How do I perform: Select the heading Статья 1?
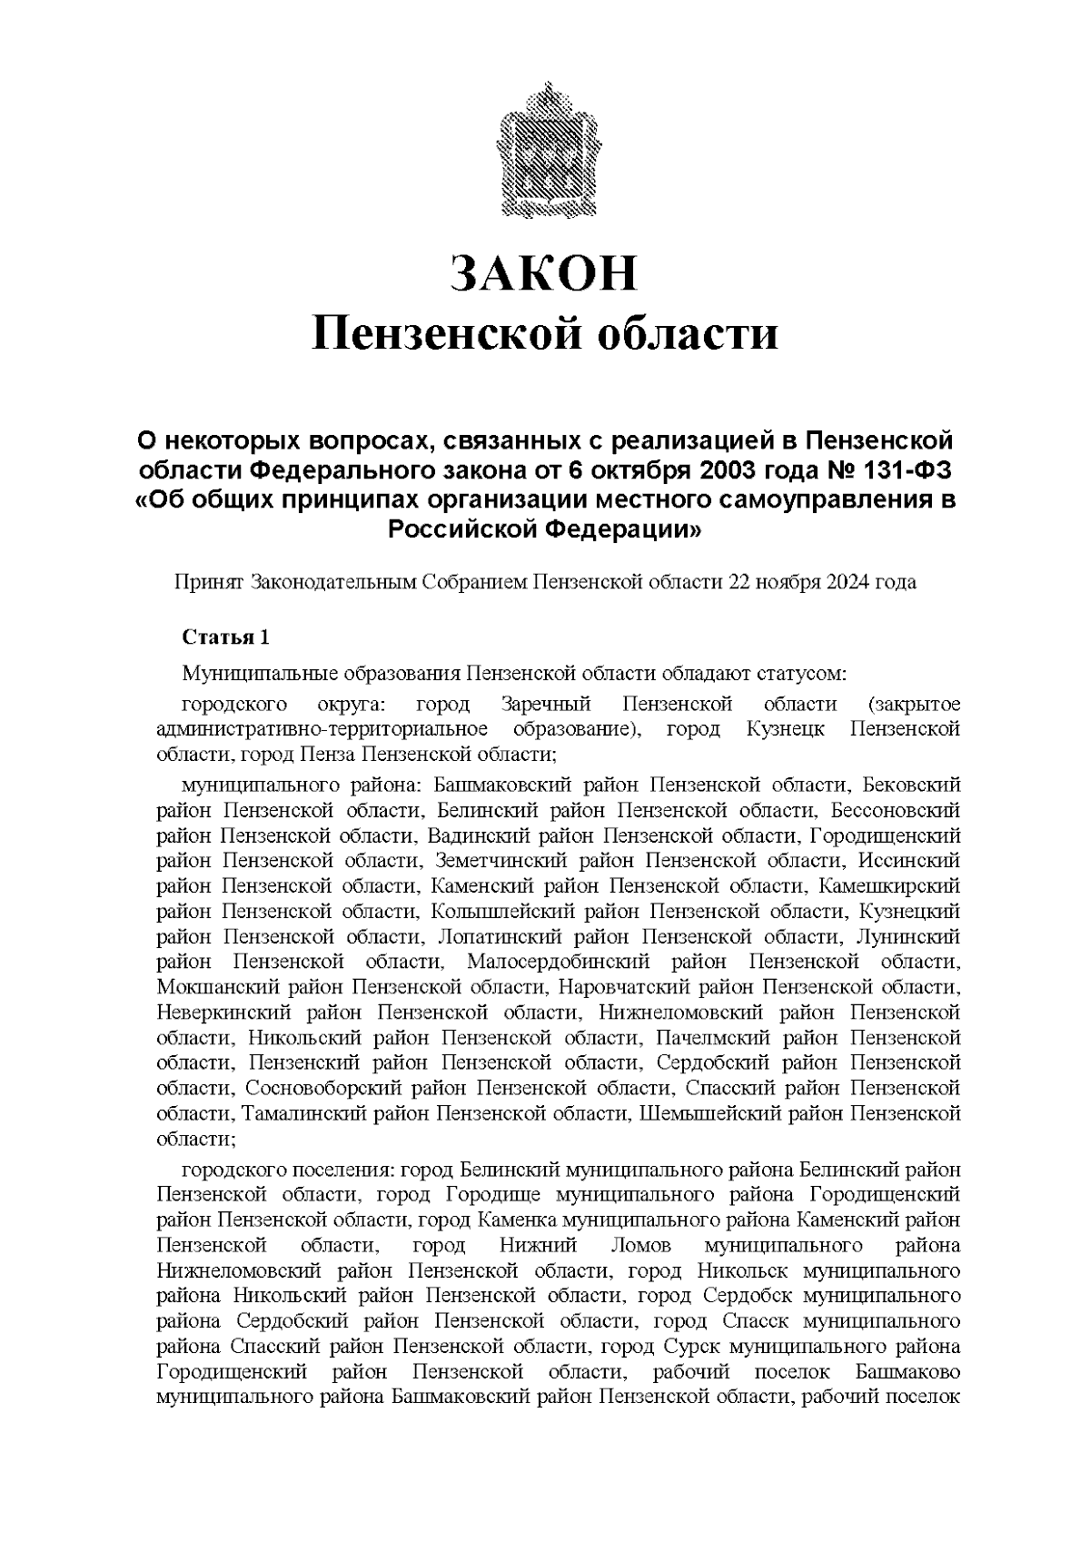(225, 637)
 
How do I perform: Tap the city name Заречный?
(546, 705)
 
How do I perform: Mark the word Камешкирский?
(889, 885)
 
